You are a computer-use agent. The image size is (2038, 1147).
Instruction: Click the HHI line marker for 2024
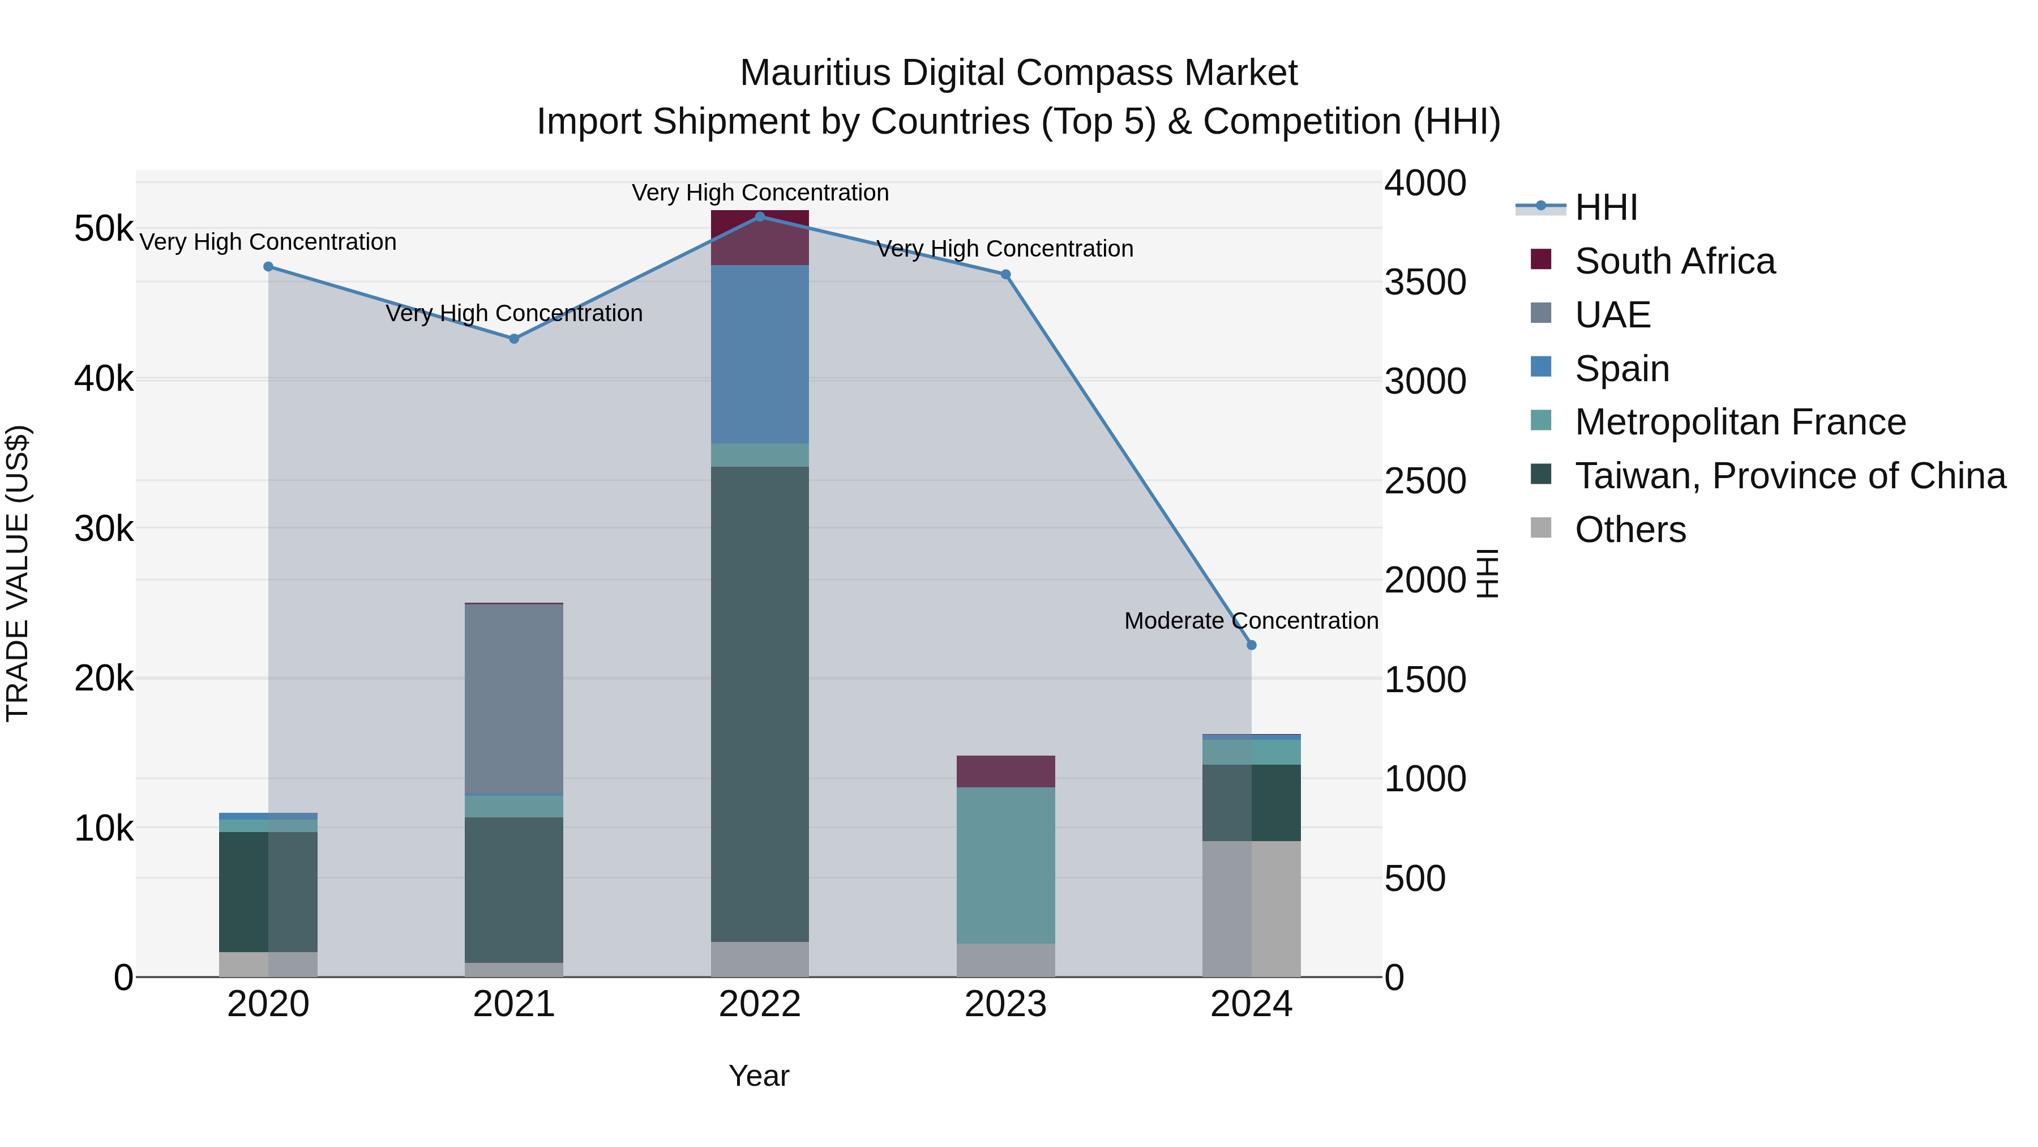pyautogui.click(x=1251, y=645)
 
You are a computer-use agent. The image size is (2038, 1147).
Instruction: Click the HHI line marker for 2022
pyautogui.click(x=760, y=217)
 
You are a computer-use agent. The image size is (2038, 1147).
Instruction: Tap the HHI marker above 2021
pyautogui.click(x=513, y=339)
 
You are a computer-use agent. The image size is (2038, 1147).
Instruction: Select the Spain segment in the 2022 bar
pyautogui.click(x=760, y=354)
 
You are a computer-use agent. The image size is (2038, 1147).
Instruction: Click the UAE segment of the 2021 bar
pyautogui.click(x=513, y=698)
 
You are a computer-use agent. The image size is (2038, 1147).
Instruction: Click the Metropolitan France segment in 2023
pyautogui.click(x=1005, y=864)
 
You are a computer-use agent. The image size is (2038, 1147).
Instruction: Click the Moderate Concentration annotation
pyautogui.click(x=1251, y=621)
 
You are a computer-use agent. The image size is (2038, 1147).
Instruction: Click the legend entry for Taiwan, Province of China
pyautogui.click(x=1789, y=476)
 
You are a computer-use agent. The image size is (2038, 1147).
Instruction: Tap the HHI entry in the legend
pyautogui.click(x=1605, y=207)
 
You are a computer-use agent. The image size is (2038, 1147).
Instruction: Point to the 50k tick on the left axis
pyautogui.click(x=104, y=229)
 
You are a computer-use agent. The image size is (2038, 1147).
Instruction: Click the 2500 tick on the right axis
pyautogui.click(x=1425, y=481)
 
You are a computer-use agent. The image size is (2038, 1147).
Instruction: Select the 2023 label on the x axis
pyautogui.click(x=1005, y=1004)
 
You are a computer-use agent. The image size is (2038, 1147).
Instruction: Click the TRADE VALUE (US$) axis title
pyautogui.click(x=18, y=573)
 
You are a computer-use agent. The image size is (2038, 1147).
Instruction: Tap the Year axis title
pyautogui.click(x=759, y=1076)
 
